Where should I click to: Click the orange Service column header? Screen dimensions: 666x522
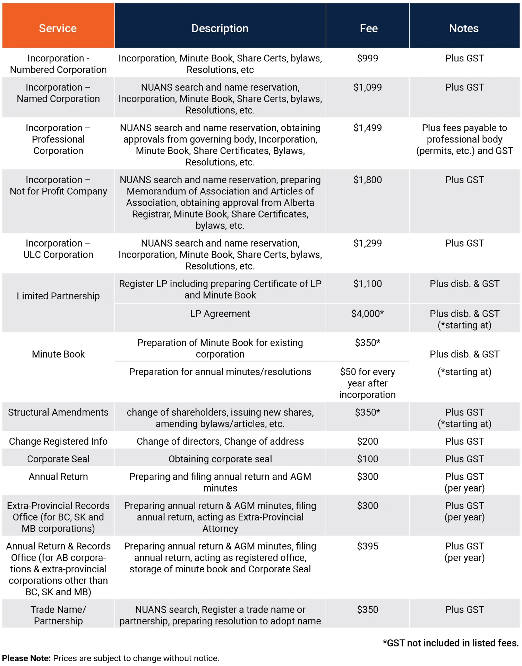click(58, 28)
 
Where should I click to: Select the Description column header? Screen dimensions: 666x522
click(220, 28)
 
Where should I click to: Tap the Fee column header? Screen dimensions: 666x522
click(368, 28)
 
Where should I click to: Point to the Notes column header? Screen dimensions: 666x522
click(464, 28)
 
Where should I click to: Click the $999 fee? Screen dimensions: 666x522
click(367, 58)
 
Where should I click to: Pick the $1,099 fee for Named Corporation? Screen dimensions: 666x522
click(367, 87)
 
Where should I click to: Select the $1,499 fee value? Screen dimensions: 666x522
click(367, 128)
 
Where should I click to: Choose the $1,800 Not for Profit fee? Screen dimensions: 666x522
click(367, 180)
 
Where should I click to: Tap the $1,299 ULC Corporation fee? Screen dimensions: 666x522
click(367, 244)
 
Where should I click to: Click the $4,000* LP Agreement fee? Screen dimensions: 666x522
click(367, 314)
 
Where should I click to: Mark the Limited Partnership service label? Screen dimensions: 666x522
click(58, 296)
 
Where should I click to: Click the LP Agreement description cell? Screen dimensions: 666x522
click(220, 314)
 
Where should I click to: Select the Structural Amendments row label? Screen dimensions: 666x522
click(58, 412)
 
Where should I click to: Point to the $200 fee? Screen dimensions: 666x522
click(367, 442)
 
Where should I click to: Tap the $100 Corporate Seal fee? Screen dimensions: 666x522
click(367, 459)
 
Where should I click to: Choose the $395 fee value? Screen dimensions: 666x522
click(367, 546)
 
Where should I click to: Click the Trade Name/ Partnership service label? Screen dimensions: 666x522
click(58, 615)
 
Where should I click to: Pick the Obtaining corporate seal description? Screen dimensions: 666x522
click(220, 459)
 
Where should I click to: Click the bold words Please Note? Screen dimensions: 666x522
click(26, 658)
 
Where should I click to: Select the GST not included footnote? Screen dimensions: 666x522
click(451, 643)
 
